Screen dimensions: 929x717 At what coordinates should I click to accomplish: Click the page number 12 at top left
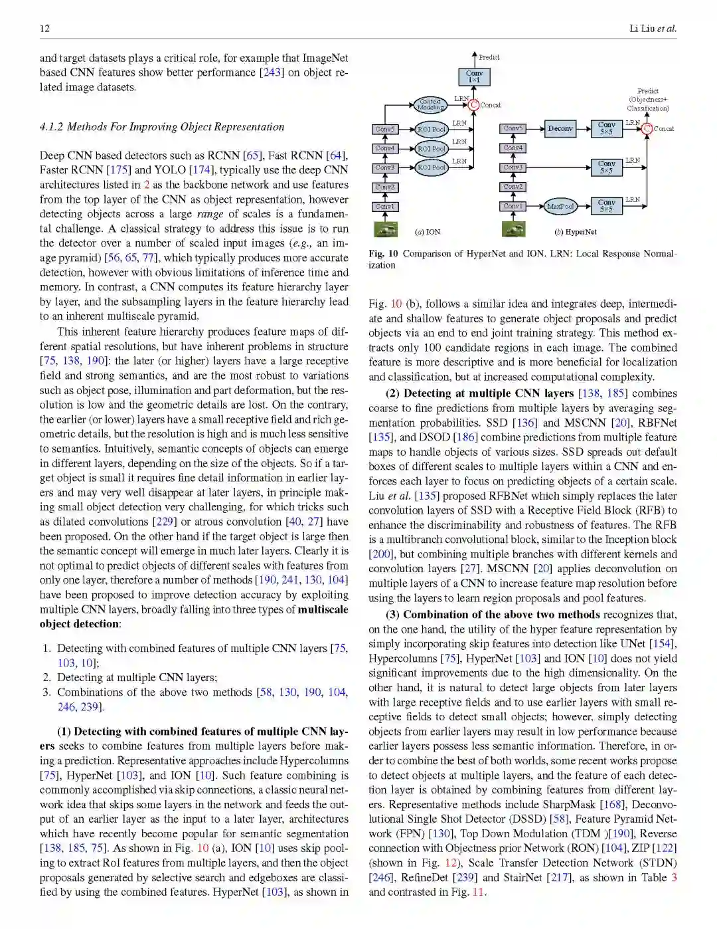coord(44,28)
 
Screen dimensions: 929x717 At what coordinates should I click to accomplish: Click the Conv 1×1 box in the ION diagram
coord(474,76)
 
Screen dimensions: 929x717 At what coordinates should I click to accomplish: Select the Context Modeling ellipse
coord(430,104)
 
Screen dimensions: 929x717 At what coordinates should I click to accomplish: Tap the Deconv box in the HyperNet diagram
coord(560,129)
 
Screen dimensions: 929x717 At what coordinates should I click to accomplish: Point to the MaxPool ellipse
coord(560,206)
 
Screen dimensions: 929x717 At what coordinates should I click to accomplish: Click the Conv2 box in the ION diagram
coord(384,187)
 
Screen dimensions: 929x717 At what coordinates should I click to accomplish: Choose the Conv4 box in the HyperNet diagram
coord(513,148)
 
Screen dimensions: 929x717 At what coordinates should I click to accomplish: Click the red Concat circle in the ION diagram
coord(473,104)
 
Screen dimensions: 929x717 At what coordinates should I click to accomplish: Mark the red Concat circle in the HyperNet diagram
coord(647,128)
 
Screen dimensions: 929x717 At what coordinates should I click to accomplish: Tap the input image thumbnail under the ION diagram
coord(386,229)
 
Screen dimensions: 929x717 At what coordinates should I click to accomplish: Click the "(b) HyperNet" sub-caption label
coord(575,232)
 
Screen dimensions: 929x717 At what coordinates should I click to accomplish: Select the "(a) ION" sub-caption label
coord(428,232)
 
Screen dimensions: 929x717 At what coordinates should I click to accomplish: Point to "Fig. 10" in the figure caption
coord(383,254)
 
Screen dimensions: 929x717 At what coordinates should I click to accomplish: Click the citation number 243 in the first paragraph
coord(272,72)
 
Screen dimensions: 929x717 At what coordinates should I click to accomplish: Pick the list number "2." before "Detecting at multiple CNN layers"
coord(46,677)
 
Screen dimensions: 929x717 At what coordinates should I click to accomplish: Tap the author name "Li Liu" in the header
coord(641,28)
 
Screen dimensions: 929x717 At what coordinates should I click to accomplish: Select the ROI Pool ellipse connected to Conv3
coord(431,167)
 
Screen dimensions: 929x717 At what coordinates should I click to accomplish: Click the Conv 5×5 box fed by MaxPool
coord(606,206)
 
